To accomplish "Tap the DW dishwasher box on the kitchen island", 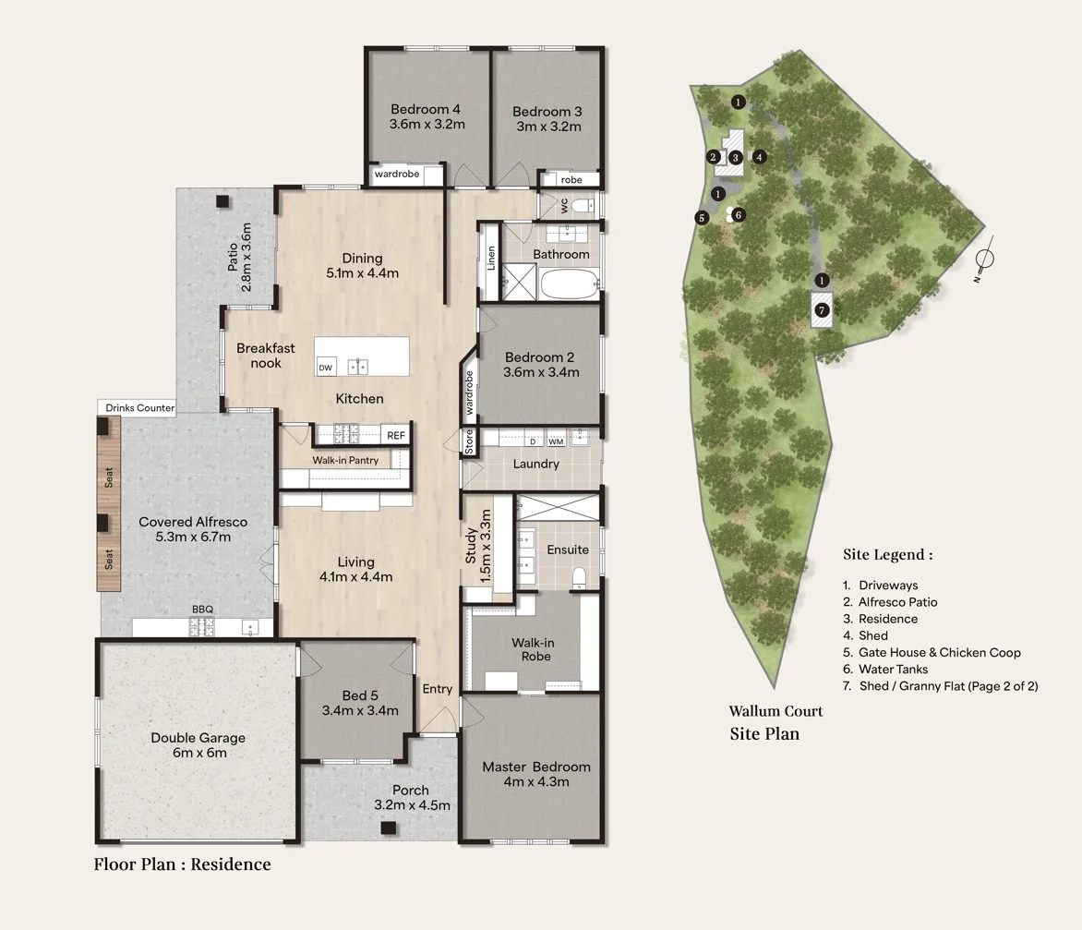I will click(x=325, y=368).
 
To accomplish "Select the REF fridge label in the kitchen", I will click(x=395, y=435).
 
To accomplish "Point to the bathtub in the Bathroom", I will click(x=569, y=284).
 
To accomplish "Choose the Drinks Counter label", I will click(x=139, y=407).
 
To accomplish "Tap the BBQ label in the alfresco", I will click(x=202, y=610).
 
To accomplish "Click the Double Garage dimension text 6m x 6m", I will click(x=198, y=753).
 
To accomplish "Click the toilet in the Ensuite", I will click(x=580, y=578).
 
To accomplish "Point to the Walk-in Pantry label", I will click(x=345, y=460).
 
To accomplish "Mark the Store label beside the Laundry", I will click(x=469, y=441).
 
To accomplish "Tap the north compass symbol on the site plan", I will click(x=984, y=259).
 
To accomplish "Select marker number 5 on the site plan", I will click(x=702, y=218).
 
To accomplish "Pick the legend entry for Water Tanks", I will click(x=893, y=669).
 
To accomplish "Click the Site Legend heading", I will click(x=887, y=555).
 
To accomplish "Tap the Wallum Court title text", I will click(x=775, y=711).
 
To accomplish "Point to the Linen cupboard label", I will click(x=491, y=259).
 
